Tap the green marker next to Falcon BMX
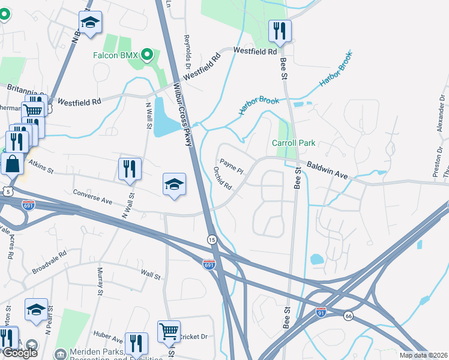click(x=146, y=55)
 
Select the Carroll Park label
click(x=294, y=143)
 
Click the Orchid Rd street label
click(x=223, y=178)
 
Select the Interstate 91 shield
click(x=322, y=312)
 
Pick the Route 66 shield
click(x=348, y=316)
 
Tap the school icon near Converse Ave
click(x=173, y=183)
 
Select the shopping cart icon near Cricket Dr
click(x=169, y=331)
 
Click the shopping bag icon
click(x=12, y=163)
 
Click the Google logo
click(x=20, y=353)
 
